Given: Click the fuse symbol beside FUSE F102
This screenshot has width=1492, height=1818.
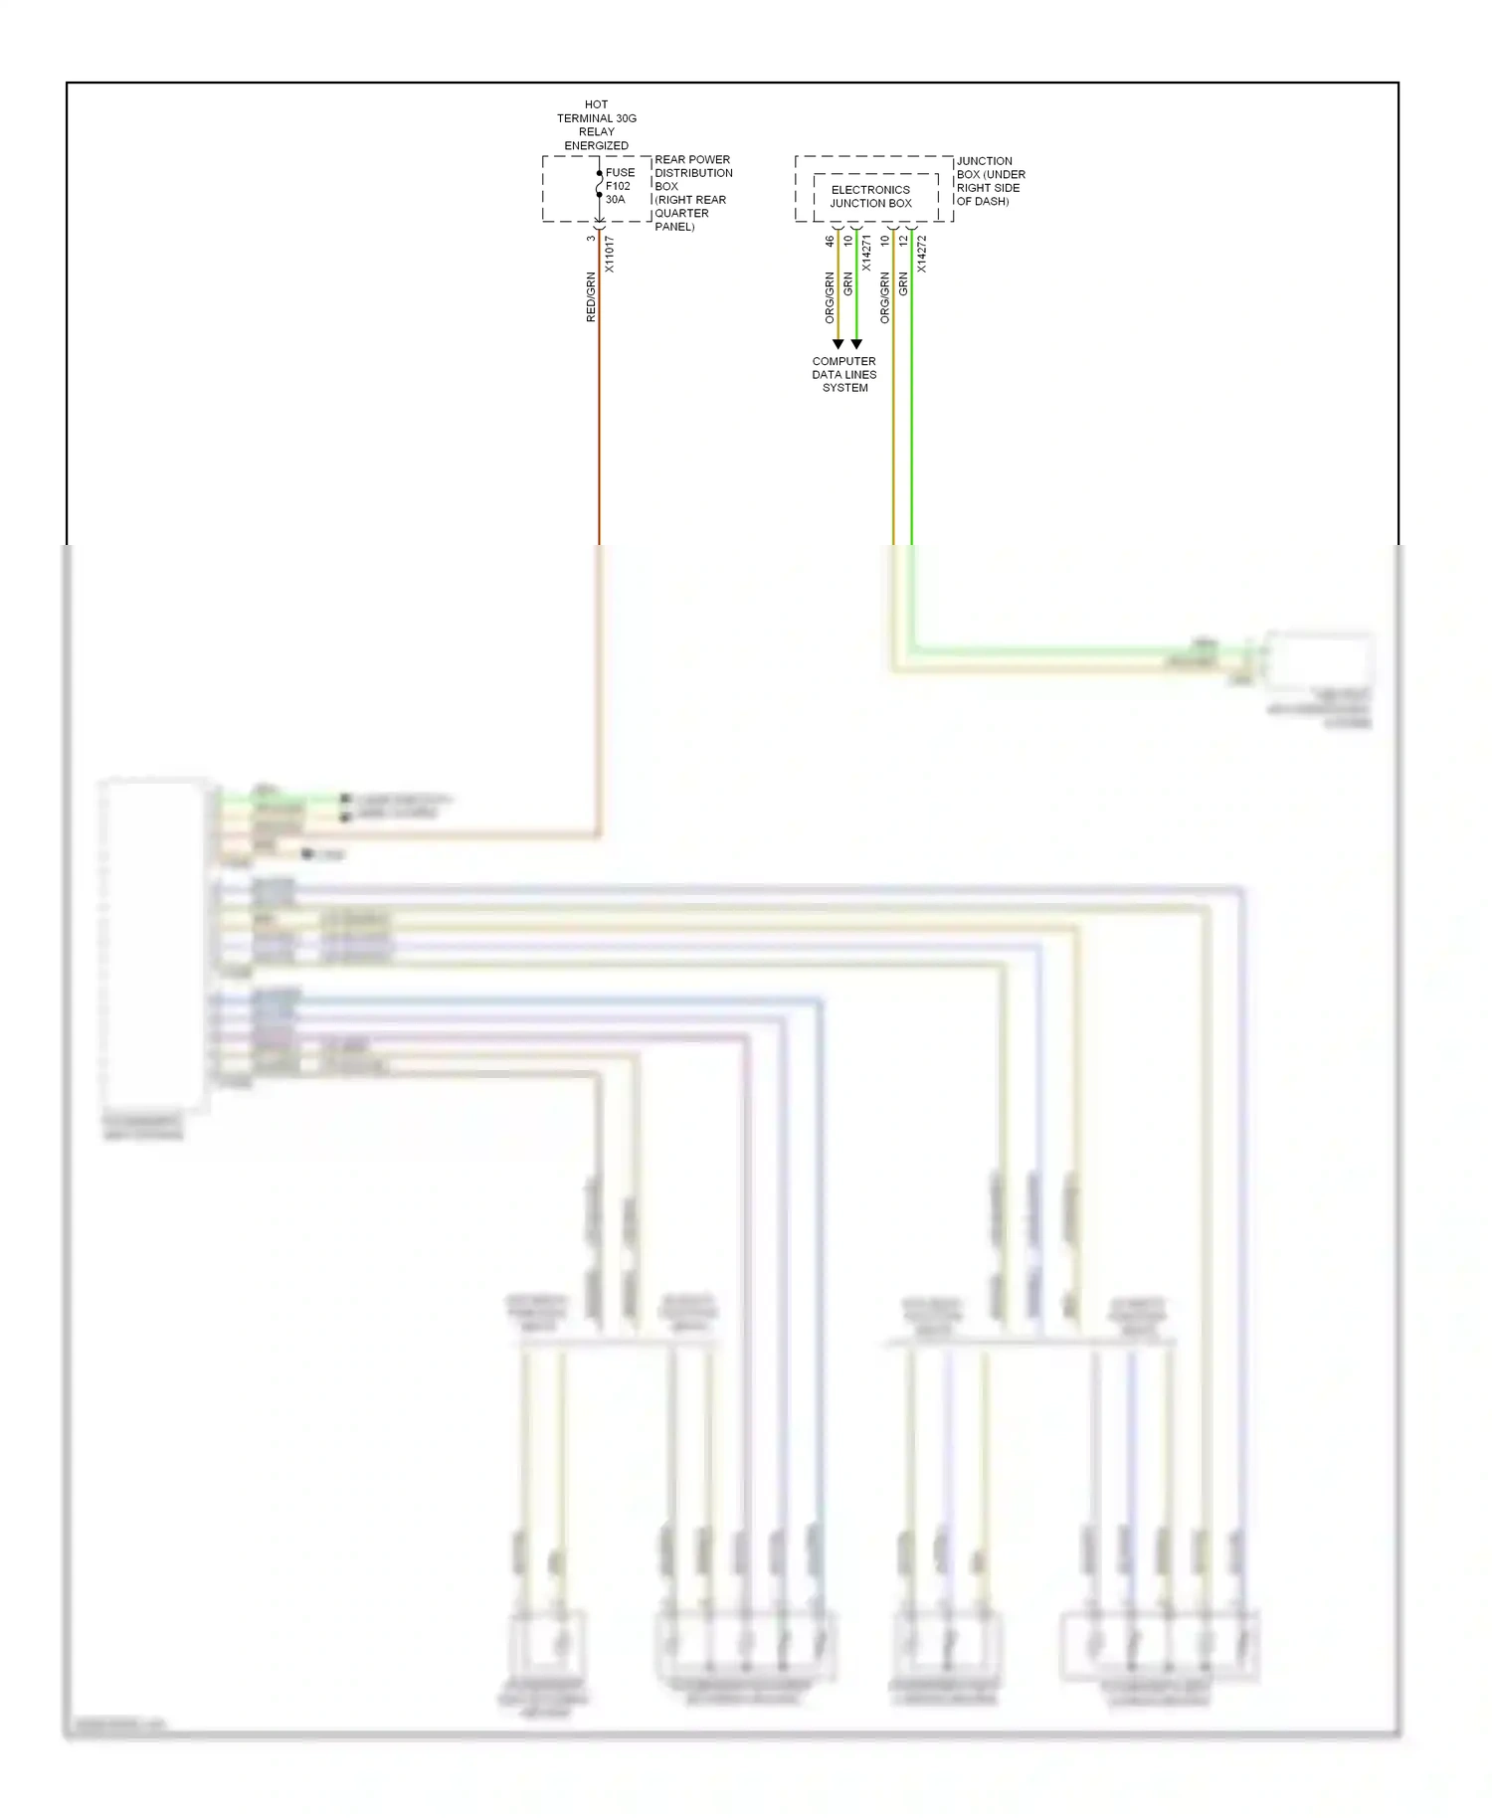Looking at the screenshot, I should point(599,185).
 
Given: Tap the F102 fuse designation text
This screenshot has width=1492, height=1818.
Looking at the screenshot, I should point(618,186).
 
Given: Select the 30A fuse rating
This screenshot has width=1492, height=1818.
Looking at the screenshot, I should point(615,200).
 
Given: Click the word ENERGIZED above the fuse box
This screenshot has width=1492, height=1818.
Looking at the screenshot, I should point(596,145).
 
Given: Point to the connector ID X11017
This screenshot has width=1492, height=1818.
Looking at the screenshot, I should point(610,255).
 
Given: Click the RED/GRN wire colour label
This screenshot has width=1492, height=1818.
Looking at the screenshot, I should point(591,296).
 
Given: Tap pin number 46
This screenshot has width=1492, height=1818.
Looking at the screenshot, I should point(830,241).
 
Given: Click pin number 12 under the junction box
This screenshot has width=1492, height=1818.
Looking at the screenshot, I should point(903,241).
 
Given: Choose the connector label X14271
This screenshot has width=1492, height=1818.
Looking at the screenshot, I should point(866,254).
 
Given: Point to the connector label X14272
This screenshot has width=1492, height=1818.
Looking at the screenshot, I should point(922,254).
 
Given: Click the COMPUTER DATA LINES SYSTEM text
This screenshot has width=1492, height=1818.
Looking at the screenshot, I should point(844,375).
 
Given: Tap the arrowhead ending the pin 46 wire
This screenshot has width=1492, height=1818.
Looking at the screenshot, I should point(838,344).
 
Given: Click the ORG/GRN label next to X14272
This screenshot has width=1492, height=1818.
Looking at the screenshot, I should point(885,297).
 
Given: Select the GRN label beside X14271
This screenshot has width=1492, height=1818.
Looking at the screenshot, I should point(848,283).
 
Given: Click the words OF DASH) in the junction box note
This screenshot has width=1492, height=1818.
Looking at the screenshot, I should point(982,202).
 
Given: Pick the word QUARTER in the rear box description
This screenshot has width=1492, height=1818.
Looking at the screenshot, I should point(681,213).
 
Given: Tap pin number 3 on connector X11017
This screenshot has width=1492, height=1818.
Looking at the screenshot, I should point(591,239).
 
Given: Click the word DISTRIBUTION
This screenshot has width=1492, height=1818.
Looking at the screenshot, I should point(693,173).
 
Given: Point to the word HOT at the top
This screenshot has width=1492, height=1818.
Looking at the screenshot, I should point(596,104).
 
